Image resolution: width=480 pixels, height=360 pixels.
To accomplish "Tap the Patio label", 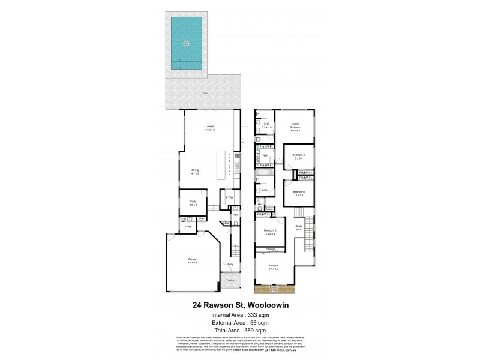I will click(205, 94).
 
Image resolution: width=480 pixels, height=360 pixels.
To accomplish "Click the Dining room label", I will click(195, 171).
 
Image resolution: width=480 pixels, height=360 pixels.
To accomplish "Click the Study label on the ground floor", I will click(193, 203).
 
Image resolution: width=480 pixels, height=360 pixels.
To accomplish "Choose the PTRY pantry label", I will click(229, 197).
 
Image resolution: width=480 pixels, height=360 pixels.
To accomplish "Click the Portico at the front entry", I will click(230, 280).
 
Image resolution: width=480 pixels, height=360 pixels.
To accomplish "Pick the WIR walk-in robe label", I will click(265, 156).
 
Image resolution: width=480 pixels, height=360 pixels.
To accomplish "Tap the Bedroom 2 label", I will click(299, 157).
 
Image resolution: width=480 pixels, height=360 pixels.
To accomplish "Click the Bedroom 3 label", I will click(269, 232).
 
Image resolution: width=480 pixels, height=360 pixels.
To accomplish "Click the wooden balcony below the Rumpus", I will click(275, 289).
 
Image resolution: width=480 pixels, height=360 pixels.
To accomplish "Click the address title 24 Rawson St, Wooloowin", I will click(239, 304).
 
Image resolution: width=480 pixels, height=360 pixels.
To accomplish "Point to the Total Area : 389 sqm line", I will click(239, 329).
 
